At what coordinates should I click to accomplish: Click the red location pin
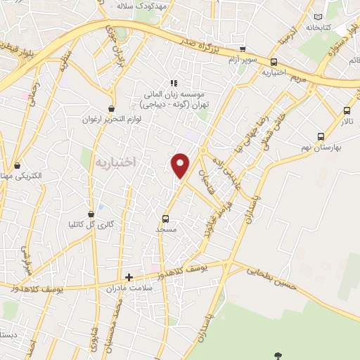[x=181, y=165]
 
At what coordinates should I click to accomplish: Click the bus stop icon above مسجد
[x=165, y=218]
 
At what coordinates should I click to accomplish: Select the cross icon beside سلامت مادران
[x=129, y=277]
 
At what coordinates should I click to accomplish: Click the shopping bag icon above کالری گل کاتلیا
[x=91, y=214]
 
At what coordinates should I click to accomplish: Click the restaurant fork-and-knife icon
[x=172, y=82]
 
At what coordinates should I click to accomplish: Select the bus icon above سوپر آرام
[x=243, y=50]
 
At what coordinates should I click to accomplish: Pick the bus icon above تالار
[x=347, y=110]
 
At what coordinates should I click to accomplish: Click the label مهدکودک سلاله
[x=143, y=6]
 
